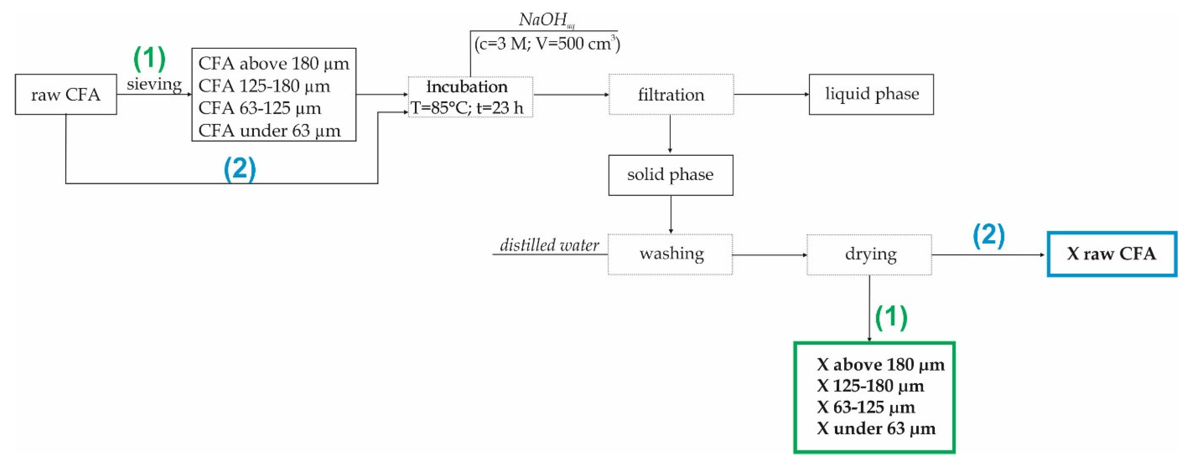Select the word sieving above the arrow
[154, 84]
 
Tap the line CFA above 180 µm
[273, 63]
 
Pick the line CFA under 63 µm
[269, 131]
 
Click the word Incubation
[467, 87]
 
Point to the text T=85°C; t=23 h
[467, 108]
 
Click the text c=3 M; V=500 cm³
[547, 44]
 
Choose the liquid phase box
[871, 94]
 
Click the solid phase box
[670, 175]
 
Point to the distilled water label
[549, 245]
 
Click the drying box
[869, 254]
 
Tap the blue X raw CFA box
[1111, 254]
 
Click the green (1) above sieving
[149, 58]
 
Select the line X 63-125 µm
[865, 407]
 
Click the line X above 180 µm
[880, 365]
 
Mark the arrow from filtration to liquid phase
[771, 94]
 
